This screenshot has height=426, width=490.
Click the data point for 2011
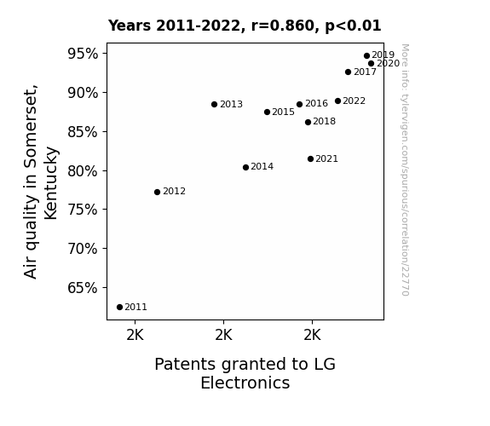(x=119, y=308)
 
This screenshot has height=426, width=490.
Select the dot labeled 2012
(x=157, y=192)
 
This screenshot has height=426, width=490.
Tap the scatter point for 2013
(x=215, y=105)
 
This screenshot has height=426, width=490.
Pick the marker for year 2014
(x=246, y=168)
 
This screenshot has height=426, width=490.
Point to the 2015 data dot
(x=268, y=112)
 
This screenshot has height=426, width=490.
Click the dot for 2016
(x=300, y=105)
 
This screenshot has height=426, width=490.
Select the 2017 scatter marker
(x=349, y=72)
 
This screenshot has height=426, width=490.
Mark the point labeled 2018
(x=308, y=122)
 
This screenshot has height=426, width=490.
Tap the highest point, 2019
(x=367, y=56)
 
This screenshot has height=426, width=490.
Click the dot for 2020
(x=372, y=63)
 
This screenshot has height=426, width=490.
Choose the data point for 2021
(x=311, y=159)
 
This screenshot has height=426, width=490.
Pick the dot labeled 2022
(x=337, y=101)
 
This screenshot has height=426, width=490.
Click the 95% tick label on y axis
(x=83, y=54)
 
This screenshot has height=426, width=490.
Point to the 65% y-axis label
(x=83, y=288)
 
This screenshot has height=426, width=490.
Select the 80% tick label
(x=83, y=171)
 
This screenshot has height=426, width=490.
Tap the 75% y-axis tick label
(x=83, y=210)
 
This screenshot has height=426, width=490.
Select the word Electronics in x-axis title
(x=245, y=383)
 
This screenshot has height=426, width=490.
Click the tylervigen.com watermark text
(x=405, y=170)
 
